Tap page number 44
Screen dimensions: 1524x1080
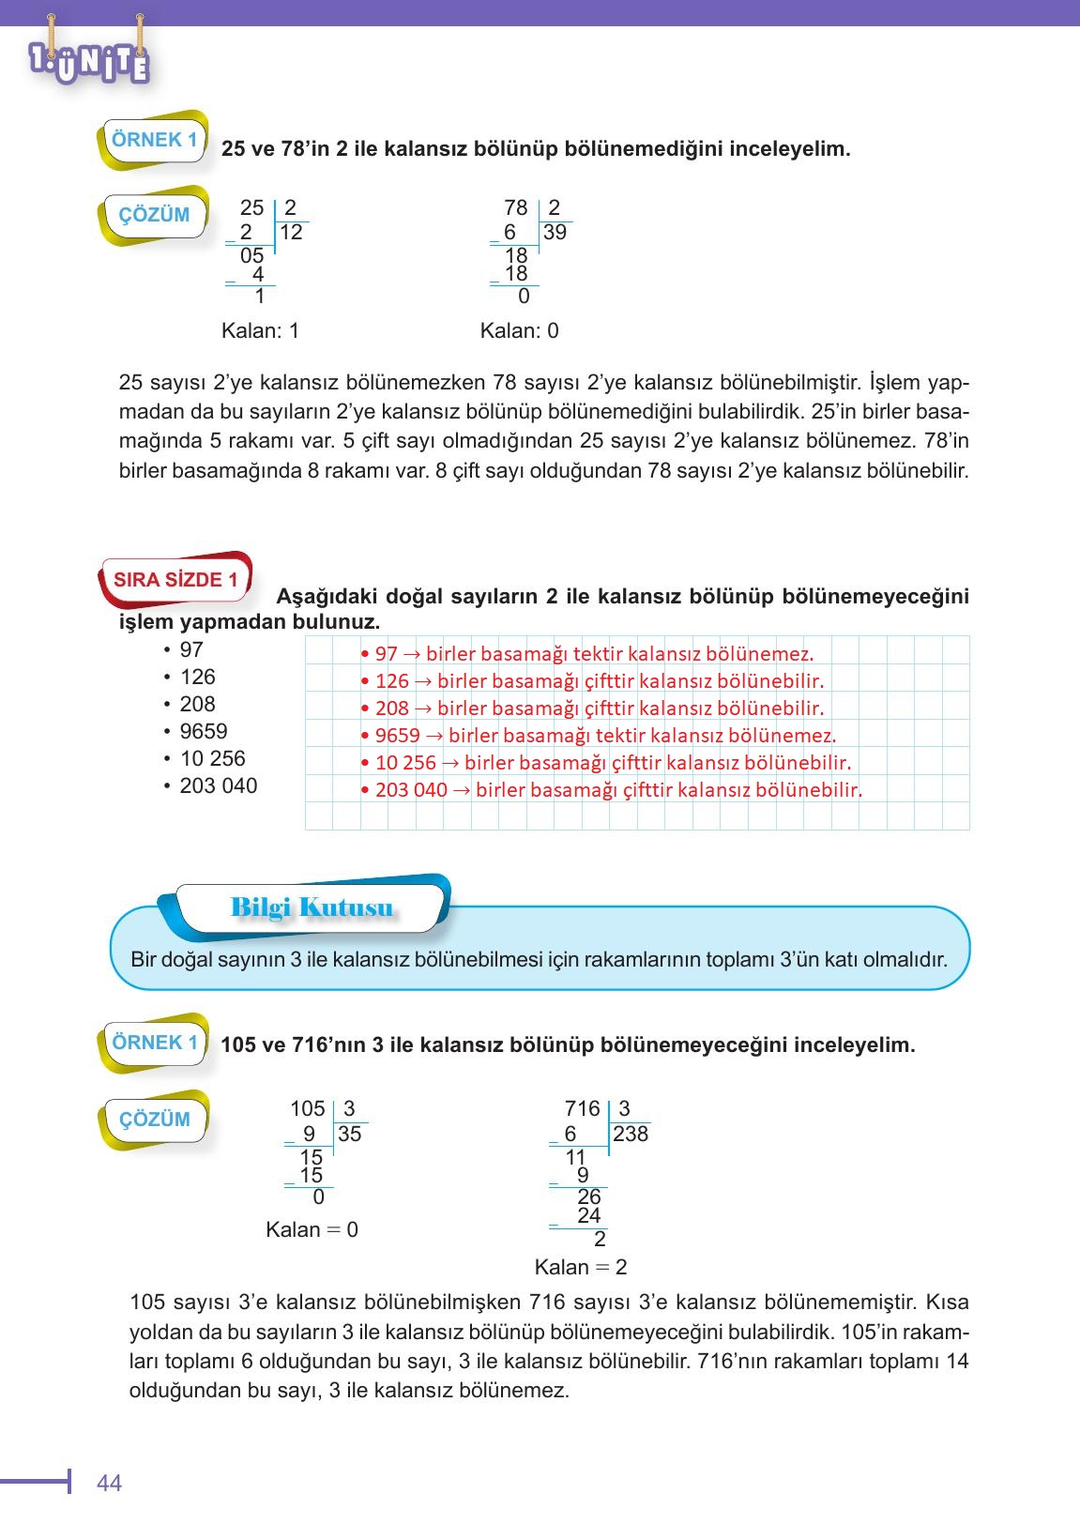click(x=109, y=1483)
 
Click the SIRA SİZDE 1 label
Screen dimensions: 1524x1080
click(x=175, y=579)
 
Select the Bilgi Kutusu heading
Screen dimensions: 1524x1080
click(x=312, y=907)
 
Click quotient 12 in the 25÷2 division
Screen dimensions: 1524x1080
click(x=291, y=233)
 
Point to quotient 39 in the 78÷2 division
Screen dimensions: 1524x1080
click(x=555, y=233)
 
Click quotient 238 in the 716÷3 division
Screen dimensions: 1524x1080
click(x=631, y=1134)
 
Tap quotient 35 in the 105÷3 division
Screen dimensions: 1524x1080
click(x=349, y=1134)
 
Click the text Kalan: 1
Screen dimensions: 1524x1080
click(x=260, y=330)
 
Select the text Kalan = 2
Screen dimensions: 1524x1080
click(x=580, y=1267)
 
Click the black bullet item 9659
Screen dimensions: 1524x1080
click(x=203, y=731)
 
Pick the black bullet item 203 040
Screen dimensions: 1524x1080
click(x=218, y=785)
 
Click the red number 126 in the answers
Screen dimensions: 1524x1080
click(x=391, y=681)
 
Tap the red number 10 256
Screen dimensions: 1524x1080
click(x=405, y=763)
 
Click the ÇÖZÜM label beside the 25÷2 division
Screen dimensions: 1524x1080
click(x=154, y=215)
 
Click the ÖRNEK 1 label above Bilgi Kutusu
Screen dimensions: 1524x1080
click(x=154, y=140)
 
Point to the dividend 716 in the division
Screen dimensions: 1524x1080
click(x=582, y=1109)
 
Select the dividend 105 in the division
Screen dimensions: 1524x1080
click(x=307, y=1109)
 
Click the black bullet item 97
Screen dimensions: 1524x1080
click(x=191, y=649)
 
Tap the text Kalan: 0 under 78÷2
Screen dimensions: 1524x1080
click(x=519, y=330)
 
